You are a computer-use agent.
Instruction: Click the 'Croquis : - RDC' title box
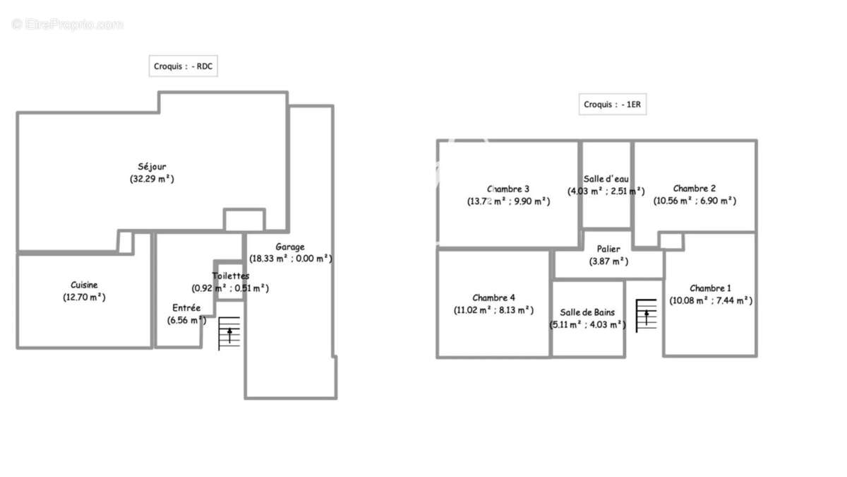[183, 66]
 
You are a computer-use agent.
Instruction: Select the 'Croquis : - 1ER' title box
[612, 104]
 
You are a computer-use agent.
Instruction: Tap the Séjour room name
[152, 167]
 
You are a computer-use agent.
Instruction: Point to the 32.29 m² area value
[152, 179]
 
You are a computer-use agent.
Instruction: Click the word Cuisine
[84, 285]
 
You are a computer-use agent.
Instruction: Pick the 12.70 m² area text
[84, 298]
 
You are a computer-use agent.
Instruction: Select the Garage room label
[290, 247]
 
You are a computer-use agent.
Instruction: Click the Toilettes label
[230, 276]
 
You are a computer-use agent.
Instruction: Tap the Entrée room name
[186, 308]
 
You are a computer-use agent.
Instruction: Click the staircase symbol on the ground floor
[229, 333]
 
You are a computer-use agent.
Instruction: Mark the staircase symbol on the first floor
[647, 316]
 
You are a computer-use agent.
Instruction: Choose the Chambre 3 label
[508, 189]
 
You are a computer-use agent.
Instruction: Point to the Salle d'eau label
[606, 179]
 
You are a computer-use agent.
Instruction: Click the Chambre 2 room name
[695, 188]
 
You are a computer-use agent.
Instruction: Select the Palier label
[608, 249]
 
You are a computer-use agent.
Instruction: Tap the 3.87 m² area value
[608, 261]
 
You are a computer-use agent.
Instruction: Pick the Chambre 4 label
[493, 298]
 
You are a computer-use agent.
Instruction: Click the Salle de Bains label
[587, 312]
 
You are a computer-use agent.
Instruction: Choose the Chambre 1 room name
[710, 288]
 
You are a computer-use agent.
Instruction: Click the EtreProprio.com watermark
[68, 24]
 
